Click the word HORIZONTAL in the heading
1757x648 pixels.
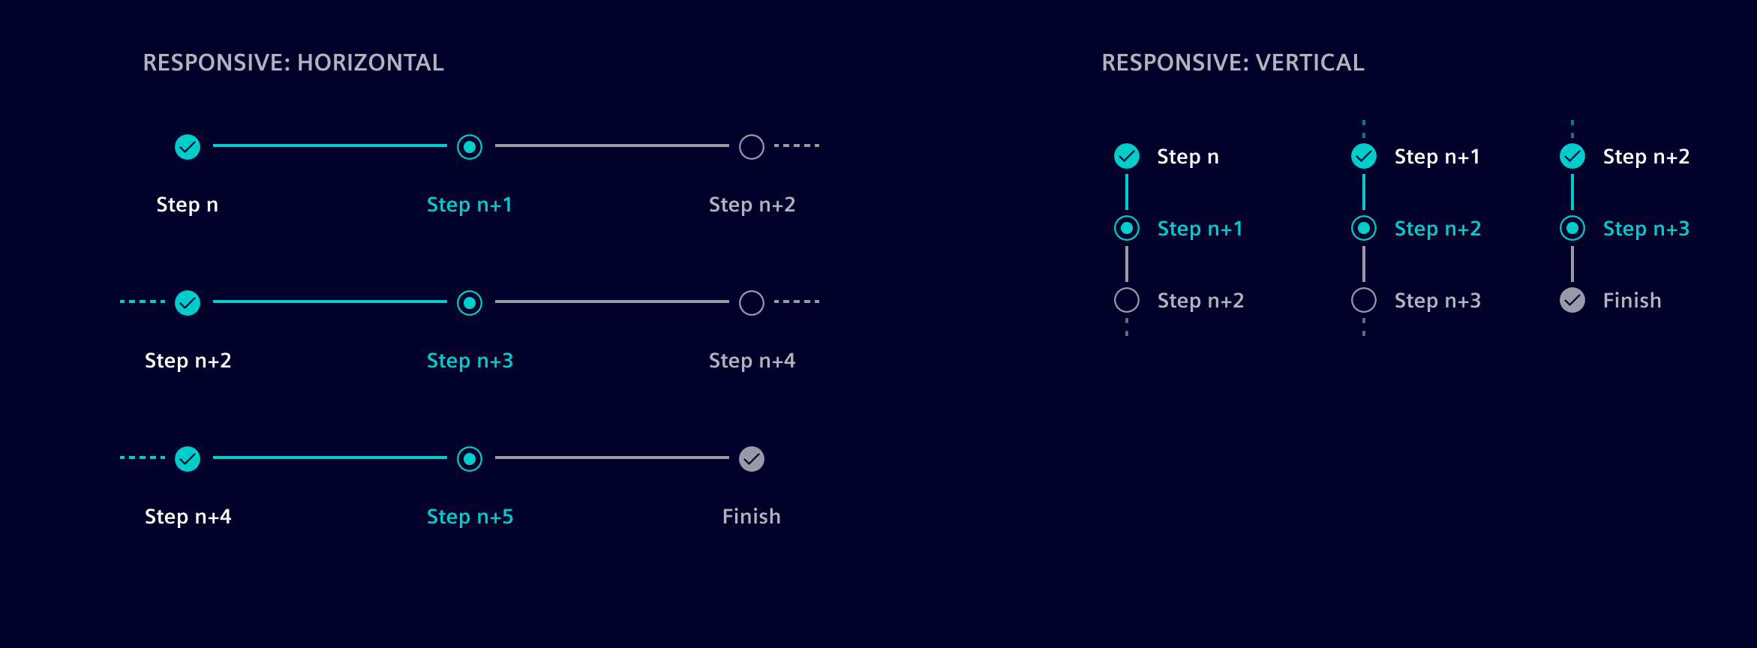tap(371, 62)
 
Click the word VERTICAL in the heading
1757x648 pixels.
tap(1310, 62)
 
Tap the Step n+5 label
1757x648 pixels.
tap(470, 517)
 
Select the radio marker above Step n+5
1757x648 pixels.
tap(470, 458)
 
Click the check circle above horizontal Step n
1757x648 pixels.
tap(188, 147)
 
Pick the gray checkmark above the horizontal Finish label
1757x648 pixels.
tap(752, 458)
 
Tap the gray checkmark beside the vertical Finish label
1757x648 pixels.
tap(1572, 301)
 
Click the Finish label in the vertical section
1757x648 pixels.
tap(1632, 301)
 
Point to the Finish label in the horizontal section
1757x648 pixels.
tap(752, 517)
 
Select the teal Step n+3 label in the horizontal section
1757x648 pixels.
tap(470, 361)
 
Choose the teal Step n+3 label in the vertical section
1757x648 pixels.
tap(1646, 229)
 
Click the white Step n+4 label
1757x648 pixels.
tap(188, 517)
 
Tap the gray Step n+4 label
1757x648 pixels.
tap(752, 361)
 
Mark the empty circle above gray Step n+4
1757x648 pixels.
tap(752, 303)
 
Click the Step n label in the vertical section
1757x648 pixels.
tap(1188, 157)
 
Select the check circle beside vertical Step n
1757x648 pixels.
tap(1127, 156)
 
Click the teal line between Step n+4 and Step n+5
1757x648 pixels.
tap(330, 457)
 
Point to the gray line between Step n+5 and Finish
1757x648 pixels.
tap(611, 457)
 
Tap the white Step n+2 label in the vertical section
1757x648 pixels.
tap(1646, 157)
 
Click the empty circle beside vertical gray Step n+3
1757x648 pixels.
tap(1364, 301)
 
